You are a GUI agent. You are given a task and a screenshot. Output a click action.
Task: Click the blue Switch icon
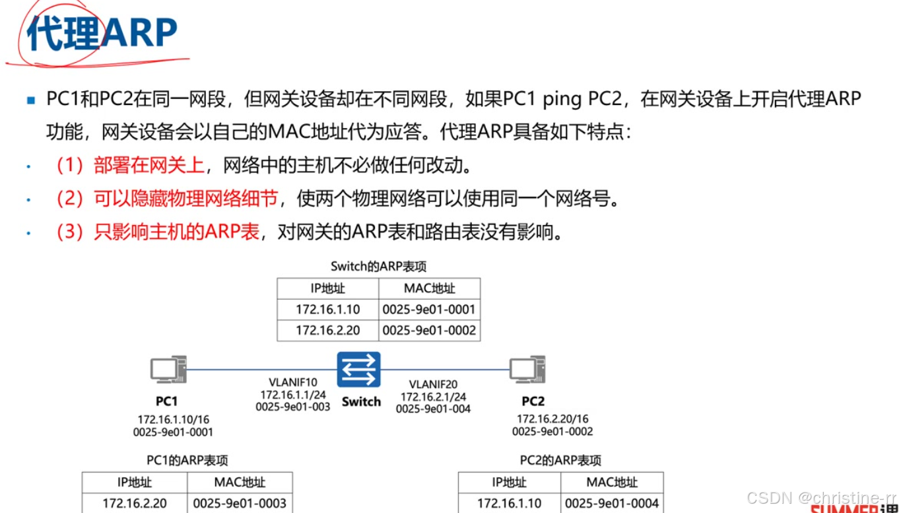click(358, 370)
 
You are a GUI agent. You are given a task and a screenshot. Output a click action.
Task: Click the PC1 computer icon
click(168, 370)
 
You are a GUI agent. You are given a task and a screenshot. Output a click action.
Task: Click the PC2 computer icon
click(527, 370)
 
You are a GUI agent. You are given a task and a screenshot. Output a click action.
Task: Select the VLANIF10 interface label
click(293, 382)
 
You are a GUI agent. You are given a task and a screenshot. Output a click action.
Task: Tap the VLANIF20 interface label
click(433, 384)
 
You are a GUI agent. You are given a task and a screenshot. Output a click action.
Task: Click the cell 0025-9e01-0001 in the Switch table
click(429, 309)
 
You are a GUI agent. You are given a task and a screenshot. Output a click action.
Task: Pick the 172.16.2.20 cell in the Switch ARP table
click(327, 330)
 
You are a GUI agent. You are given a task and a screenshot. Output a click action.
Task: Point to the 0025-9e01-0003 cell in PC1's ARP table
click(240, 503)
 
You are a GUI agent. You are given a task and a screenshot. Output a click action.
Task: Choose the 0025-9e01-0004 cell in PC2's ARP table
click(612, 503)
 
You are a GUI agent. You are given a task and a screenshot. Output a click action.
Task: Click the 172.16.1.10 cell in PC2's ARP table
click(510, 503)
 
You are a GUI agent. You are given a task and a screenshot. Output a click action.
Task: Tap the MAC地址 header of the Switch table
click(429, 289)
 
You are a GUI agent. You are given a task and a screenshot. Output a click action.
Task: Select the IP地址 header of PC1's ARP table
click(134, 482)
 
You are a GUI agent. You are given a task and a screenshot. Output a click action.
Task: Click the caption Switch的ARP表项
click(378, 267)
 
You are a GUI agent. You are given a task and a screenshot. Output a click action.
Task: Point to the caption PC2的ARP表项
click(560, 460)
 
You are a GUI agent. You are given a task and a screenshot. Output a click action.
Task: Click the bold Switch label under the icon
click(361, 401)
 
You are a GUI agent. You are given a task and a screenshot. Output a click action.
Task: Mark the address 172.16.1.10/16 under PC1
click(174, 419)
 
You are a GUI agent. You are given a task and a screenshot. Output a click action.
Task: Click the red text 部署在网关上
click(149, 165)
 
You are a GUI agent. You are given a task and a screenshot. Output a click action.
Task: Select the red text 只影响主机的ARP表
click(176, 232)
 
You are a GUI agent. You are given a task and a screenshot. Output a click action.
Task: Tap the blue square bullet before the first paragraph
click(30, 101)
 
